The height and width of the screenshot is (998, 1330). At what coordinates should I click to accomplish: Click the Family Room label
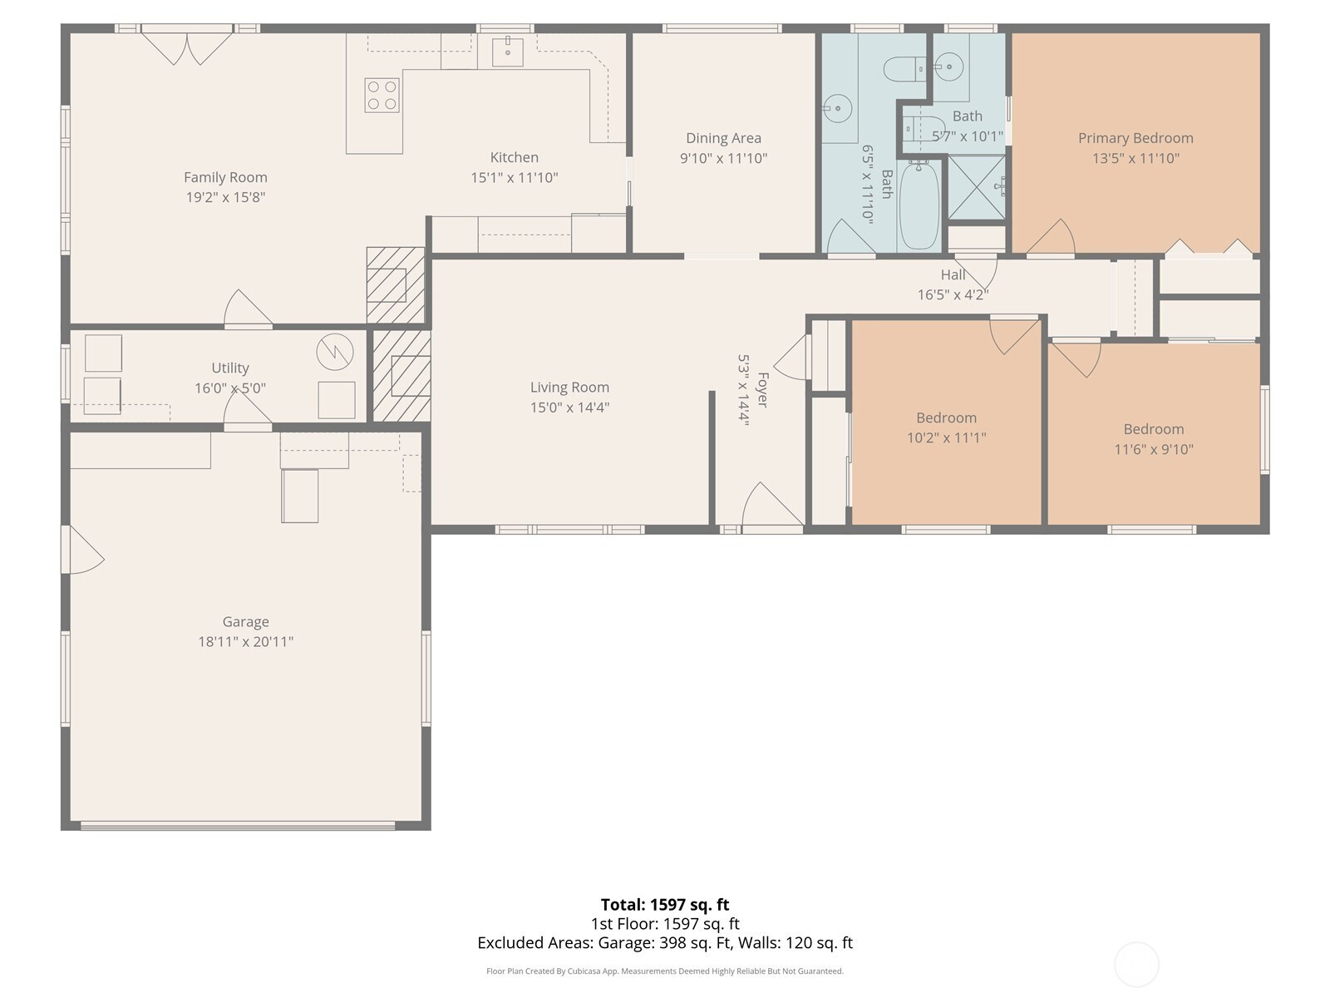pyautogui.click(x=225, y=177)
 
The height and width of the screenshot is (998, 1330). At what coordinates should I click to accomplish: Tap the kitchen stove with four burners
pyautogui.click(x=382, y=95)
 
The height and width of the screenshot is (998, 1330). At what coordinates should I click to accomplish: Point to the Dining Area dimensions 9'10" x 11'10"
pyautogui.click(x=723, y=158)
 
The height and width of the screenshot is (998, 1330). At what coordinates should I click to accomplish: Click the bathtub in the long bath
pyautogui.click(x=919, y=205)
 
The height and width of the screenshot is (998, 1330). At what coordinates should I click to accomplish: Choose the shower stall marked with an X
pyautogui.click(x=976, y=187)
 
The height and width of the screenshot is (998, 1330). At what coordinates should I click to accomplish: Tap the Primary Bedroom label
pyautogui.click(x=1135, y=138)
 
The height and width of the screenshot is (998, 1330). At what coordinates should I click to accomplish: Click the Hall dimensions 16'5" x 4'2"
pyautogui.click(x=953, y=295)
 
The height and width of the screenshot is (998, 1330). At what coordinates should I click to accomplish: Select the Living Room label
pyautogui.click(x=569, y=388)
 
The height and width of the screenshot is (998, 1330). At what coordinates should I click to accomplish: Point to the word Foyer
pyautogui.click(x=763, y=389)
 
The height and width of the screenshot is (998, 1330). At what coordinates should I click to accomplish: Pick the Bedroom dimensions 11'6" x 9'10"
pyautogui.click(x=1154, y=450)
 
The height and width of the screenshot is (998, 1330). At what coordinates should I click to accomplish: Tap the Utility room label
pyautogui.click(x=230, y=368)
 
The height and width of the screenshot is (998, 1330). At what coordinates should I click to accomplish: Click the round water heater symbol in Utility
pyautogui.click(x=335, y=352)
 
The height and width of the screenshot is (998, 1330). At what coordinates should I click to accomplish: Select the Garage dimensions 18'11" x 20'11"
pyautogui.click(x=245, y=642)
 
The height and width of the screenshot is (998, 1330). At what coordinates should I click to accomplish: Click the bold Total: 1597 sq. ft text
pyautogui.click(x=665, y=905)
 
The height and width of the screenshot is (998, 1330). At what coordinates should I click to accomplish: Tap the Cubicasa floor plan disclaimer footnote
pyautogui.click(x=665, y=971)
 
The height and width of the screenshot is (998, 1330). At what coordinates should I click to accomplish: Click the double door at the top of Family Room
pyautogui.click(x=187, y=48)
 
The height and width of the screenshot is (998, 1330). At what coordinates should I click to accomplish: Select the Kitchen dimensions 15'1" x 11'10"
pyautogui.click(x=515, y=177)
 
